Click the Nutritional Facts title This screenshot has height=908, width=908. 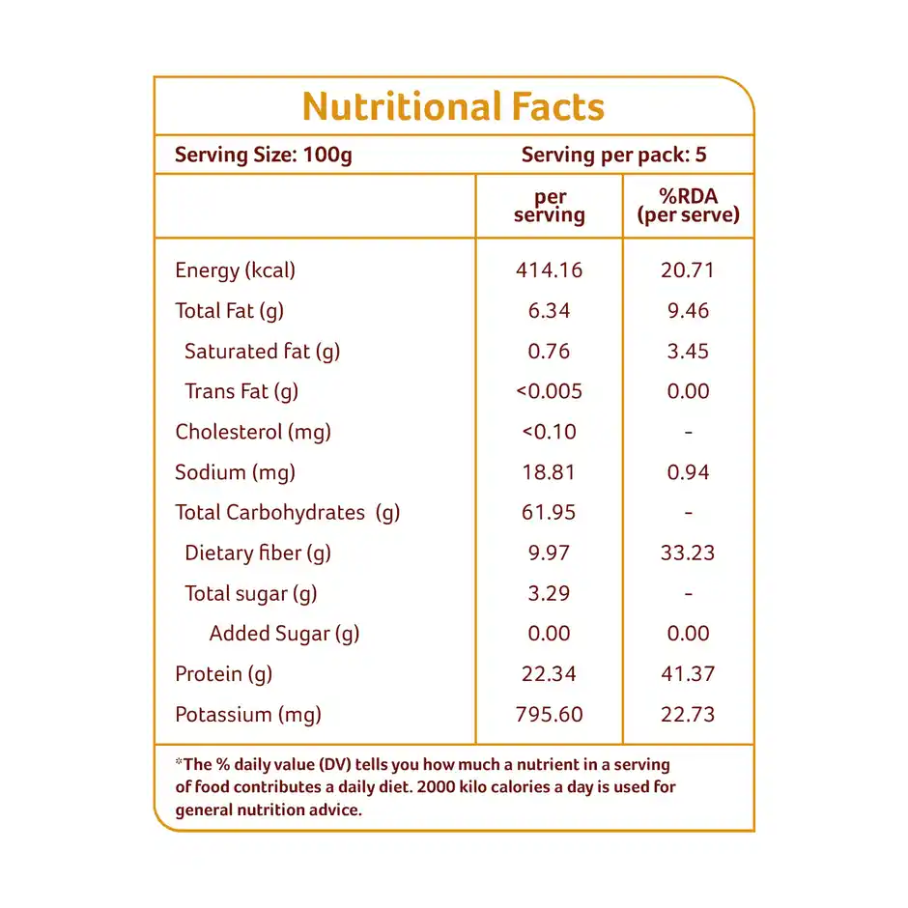pos(453,106)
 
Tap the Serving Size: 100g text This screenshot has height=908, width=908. pos(264,155)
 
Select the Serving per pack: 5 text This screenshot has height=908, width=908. pos(614,155)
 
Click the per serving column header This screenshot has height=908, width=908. pos(549,207)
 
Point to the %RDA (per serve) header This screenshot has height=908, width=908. pos(688,205)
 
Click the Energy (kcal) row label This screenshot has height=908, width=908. pos(235,270)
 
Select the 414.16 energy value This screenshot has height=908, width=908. pos(549,270)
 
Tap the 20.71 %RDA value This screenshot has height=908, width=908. pos(688,270)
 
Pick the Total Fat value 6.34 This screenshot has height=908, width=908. pos(549,311)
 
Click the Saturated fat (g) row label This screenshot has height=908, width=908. pos(262,352)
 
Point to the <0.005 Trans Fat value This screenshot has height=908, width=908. pos(549,391)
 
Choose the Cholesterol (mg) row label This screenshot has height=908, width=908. pos(253,432)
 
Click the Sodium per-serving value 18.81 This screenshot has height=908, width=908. pos(549,472)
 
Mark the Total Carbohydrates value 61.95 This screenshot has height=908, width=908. pos(549,513)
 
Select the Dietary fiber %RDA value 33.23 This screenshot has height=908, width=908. pos(688,553)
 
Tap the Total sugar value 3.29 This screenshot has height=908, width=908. pos(549,594)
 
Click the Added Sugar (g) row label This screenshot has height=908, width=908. pos(284,634)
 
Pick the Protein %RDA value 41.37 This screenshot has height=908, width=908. pos(688,674)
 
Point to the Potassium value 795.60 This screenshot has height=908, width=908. pos(549,715)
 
